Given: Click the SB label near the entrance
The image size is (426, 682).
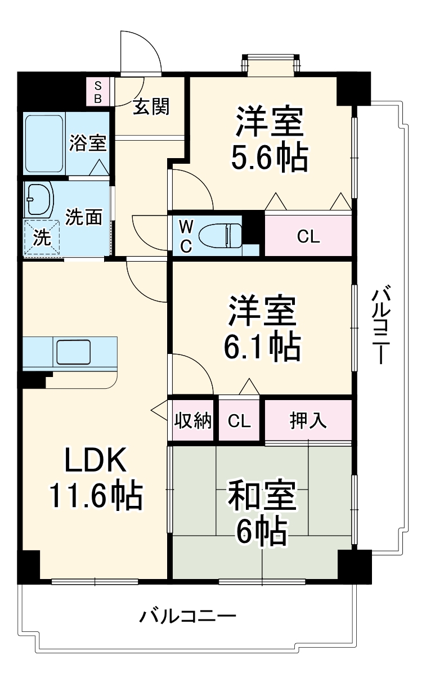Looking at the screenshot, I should pos(97,92).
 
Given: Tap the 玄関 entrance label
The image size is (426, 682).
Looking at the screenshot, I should pos(151,106).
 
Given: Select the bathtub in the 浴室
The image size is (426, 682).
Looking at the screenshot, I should pos(44,144).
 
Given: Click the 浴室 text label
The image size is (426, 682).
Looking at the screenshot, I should pos(88,143).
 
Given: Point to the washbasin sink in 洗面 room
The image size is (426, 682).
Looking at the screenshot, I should pos(38,199).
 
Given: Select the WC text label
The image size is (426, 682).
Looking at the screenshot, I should pos(186,236).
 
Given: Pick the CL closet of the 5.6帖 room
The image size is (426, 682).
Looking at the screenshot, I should pos(308,236).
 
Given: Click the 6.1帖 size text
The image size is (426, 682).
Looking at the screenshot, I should pos(262,348).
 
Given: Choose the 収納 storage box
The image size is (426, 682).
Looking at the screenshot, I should pos(192,421).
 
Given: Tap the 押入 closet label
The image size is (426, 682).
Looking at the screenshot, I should pos(308,420).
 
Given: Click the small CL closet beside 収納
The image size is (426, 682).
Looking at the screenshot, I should pos(239,421).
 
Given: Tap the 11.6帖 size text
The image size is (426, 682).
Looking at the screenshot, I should pos(95,495).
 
